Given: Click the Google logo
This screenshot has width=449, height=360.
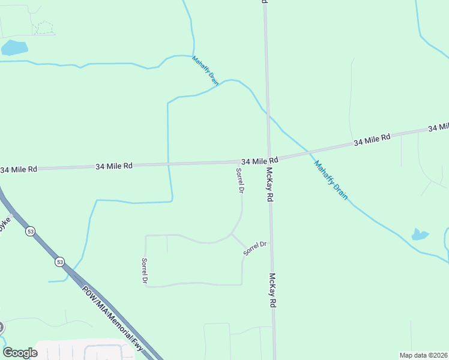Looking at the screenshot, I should pos(20,353).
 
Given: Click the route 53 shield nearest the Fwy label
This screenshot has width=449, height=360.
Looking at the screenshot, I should pos(59,262).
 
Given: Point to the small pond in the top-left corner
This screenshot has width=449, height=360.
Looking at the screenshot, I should pos(13,47).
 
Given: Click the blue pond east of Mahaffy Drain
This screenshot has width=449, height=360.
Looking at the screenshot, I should pos(420,234).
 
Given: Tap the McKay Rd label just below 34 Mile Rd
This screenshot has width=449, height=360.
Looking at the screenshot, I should pos(270,184).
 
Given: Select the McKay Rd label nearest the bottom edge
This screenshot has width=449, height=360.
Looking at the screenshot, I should pos(273,290).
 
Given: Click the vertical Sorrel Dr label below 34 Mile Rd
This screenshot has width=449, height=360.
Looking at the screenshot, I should pos(240,181).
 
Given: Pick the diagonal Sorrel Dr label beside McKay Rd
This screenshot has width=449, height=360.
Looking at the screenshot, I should pos(255,248).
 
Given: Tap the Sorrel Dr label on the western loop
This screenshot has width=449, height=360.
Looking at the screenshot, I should pos(145,271).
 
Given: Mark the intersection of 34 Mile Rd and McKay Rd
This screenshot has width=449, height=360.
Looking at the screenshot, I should pos(269,160).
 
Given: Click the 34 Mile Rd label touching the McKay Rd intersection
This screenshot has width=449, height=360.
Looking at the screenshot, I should pos(259,161).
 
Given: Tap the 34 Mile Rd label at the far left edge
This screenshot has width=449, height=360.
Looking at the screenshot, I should pos(19,170).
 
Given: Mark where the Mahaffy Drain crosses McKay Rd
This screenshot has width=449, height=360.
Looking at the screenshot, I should pos(267,113).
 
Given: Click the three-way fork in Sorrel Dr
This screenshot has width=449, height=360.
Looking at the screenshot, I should pos(232,235).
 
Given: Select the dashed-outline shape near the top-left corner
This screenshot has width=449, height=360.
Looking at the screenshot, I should pos(43,28).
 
